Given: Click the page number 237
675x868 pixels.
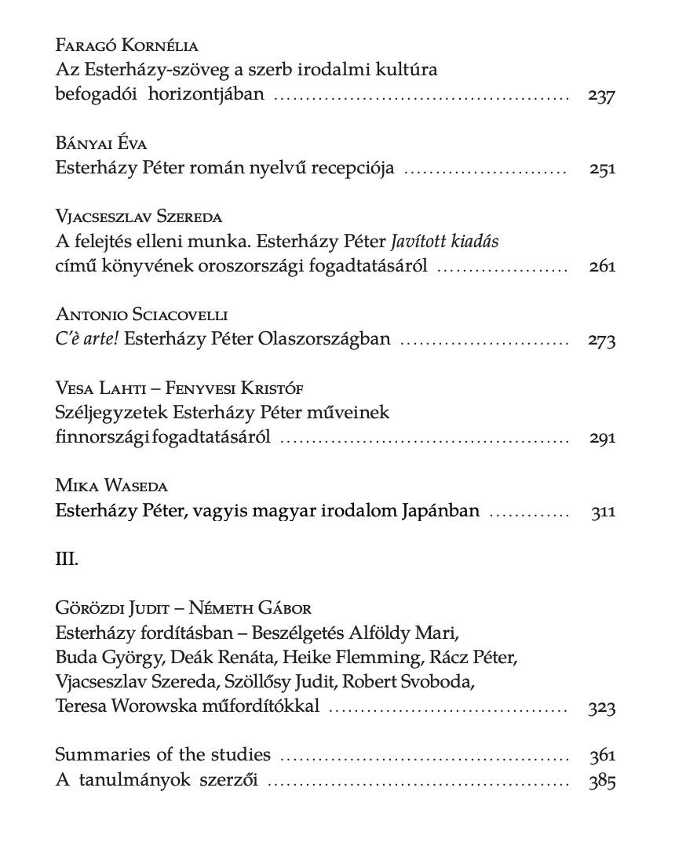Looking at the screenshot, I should [x=601, y=97].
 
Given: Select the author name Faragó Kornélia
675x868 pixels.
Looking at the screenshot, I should [x=126, y=46].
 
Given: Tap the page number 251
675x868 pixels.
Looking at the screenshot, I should [x=602, y=169].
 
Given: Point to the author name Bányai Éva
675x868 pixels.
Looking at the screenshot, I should [x=102, y=144].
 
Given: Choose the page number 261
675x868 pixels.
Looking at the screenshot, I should [x=602, y=266].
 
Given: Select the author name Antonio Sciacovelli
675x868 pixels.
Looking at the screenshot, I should [x=142, y=315].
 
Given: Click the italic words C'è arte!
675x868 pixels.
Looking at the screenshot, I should [x=87, y=339].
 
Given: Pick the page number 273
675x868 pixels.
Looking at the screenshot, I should [x=601, y=340].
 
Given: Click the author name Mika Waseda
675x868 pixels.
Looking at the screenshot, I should [x=111, y=487].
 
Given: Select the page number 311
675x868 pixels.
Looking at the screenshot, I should [x=603, y=512].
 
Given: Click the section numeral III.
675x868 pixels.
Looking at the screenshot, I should [x=67, y=560].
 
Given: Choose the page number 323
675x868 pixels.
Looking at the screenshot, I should [x=601, y=707].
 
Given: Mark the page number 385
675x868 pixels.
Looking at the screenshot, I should [x=602, y=781].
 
